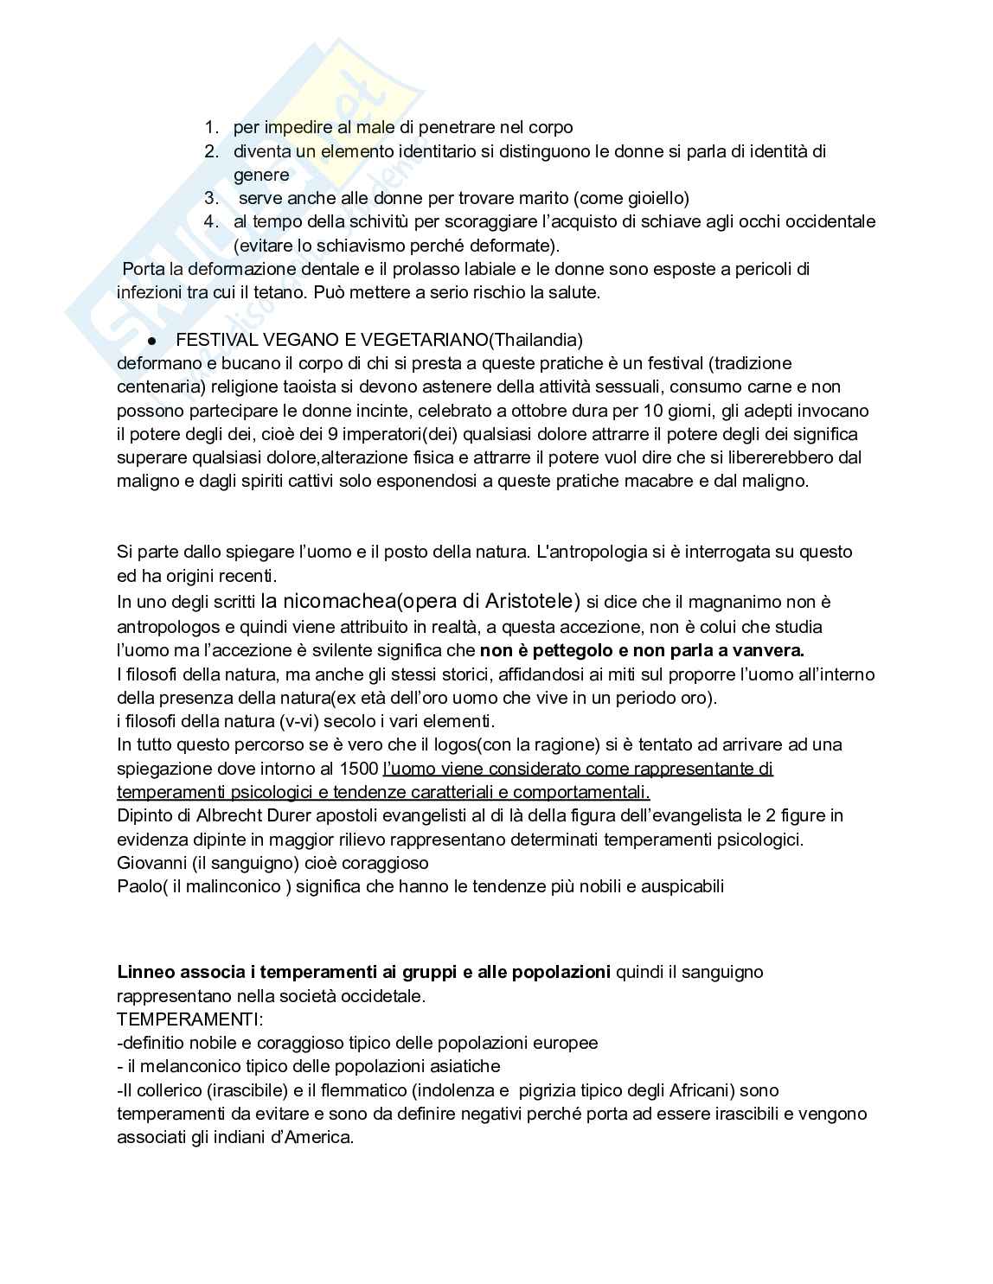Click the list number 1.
[x=210, y=128]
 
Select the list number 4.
[x=210, y=221]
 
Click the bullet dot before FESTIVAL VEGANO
[x=150, y=340]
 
